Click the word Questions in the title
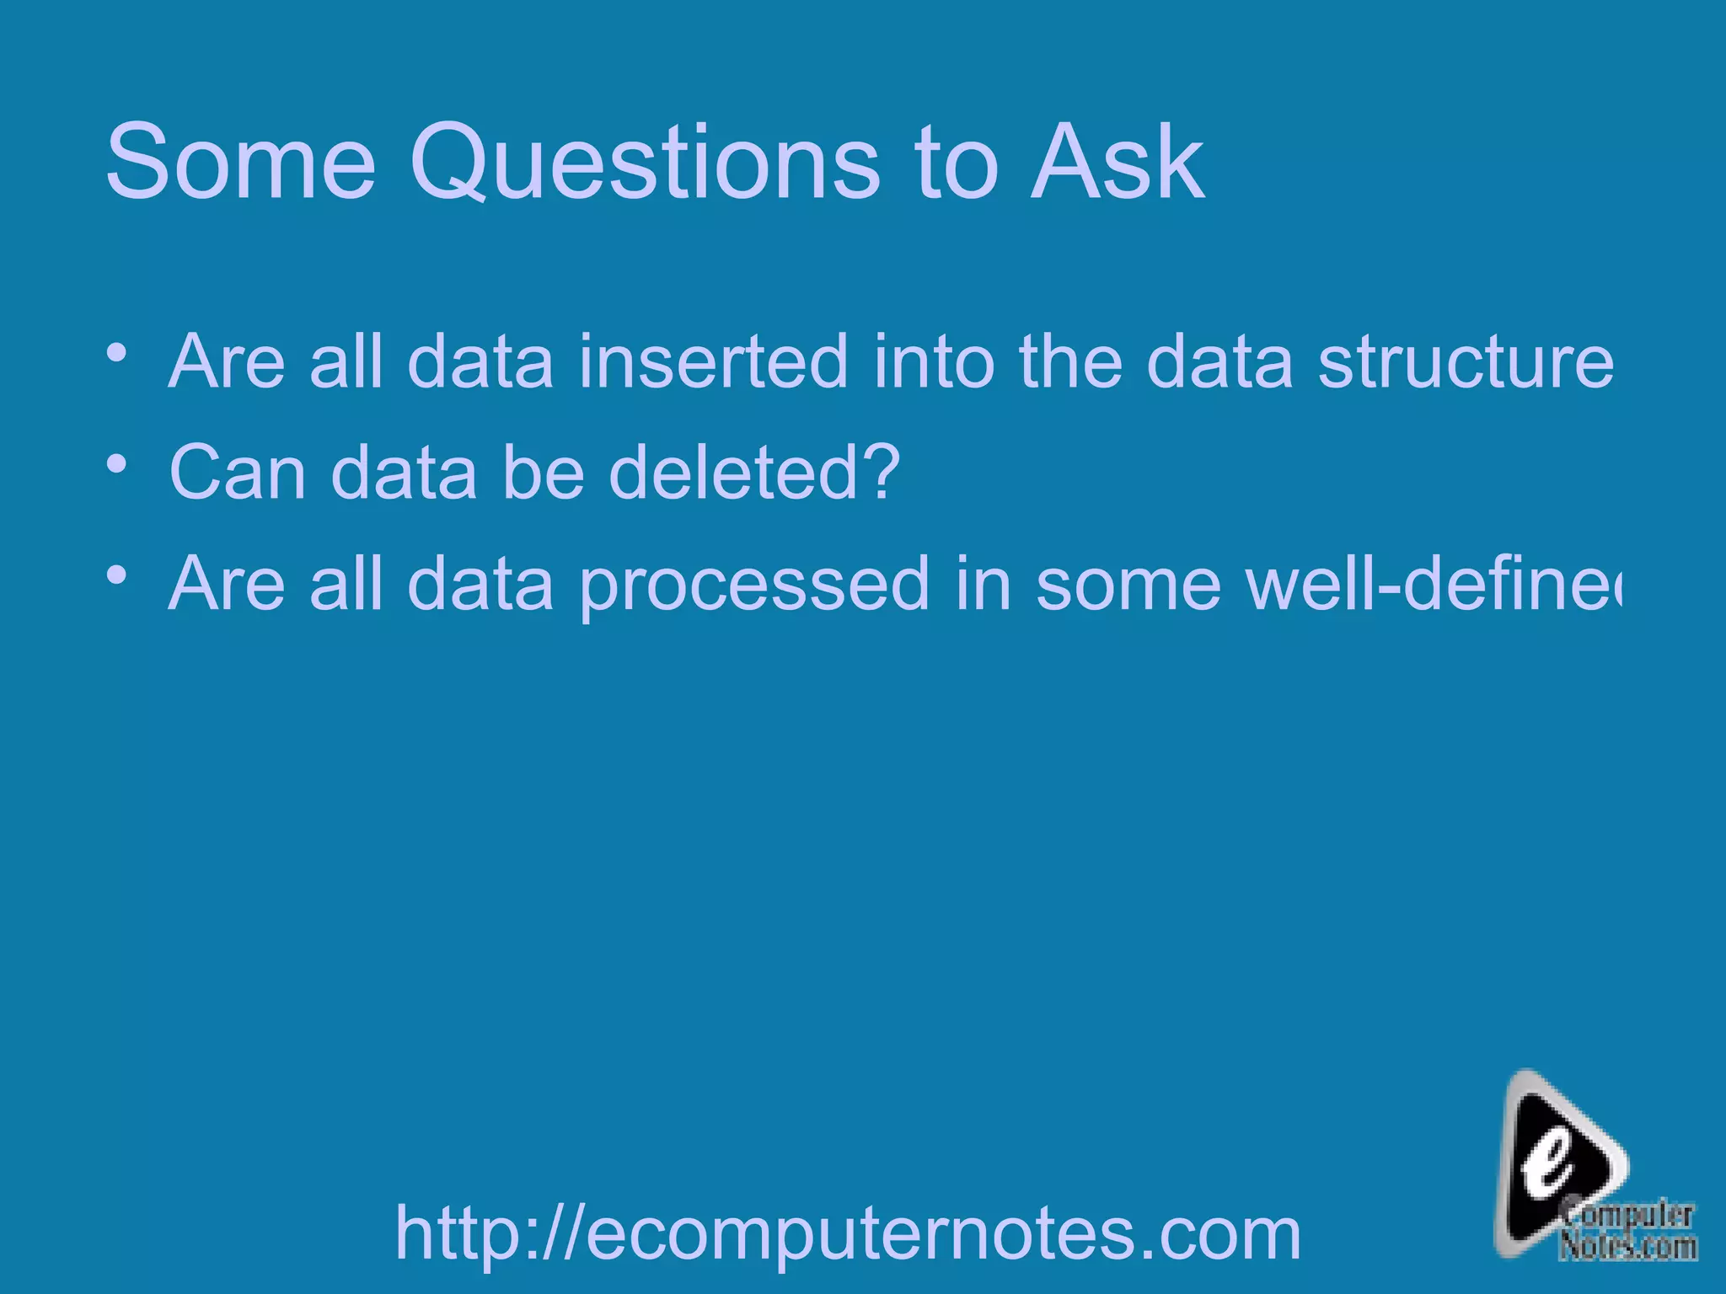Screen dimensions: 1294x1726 coord(645,162)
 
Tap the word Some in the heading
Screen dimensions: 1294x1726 coord(240,162)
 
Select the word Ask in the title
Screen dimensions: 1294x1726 coord(1117,162)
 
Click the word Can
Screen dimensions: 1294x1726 coord(238,473)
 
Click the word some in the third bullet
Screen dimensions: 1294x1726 coord(1128,586)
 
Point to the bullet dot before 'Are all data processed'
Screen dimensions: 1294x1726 coord(117,575)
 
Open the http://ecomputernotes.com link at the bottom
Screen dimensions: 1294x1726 coord(848,1233)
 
